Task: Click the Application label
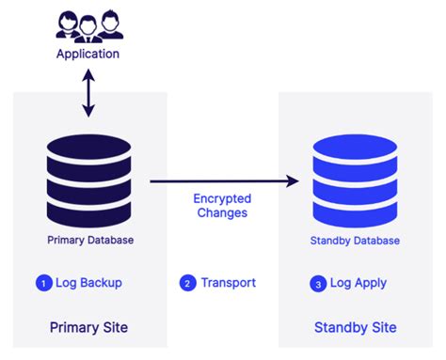(88, 54)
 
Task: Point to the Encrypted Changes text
(223, 206)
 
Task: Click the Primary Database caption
(90, 240)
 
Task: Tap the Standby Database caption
(355, 241)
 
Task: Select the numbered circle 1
(42, 283)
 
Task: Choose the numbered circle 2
(187, 283)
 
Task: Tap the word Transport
(228, 283)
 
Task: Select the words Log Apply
(358, 283)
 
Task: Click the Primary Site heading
(88, 327)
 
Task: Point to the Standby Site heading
(355, 327)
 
